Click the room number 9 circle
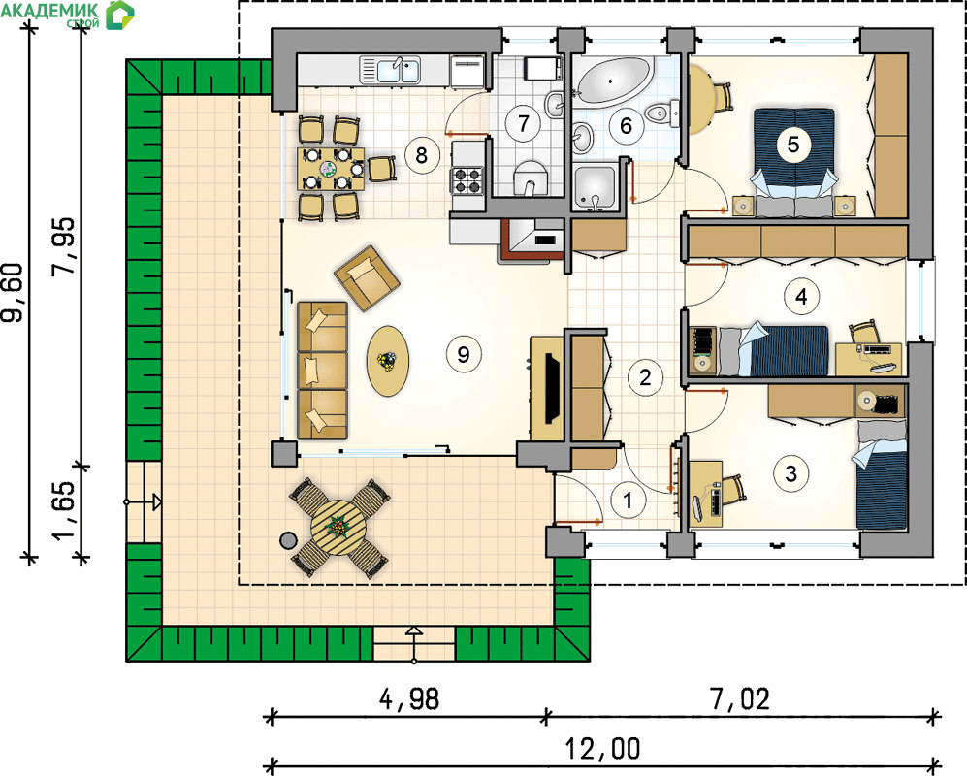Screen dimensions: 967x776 coord(464,354)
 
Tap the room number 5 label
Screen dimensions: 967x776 coord(793,145)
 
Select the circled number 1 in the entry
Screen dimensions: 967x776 coord(628,500)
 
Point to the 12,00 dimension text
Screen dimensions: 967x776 coord(602,749)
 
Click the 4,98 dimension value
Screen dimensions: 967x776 coord(409,699)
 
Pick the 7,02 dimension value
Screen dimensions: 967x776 coord(740,699)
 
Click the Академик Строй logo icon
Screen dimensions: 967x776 coord(119,15)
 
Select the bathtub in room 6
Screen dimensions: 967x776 coord(614,81)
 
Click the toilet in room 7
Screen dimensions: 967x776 coord(530,178)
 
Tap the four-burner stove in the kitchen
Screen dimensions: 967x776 coord(467,180)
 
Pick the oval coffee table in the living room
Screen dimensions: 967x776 coord(388,361)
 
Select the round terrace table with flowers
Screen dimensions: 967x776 coord(339,529)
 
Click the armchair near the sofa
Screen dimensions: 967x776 coord(367,277)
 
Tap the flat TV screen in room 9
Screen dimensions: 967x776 coord(553,389)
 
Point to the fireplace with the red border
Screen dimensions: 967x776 coord(532,241)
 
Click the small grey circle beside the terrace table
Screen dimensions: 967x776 coord(288,541)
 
